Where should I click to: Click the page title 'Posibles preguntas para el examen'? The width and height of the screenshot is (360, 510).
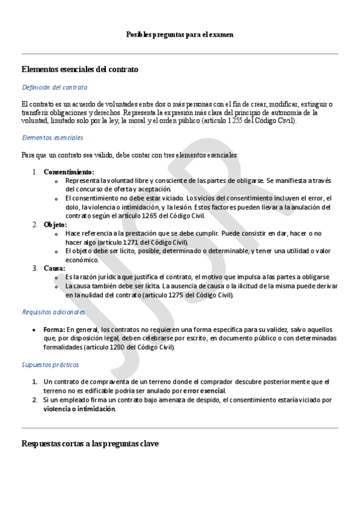(x=180, y=35)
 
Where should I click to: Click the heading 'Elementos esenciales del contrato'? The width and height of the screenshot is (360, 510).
(x=79, y=69)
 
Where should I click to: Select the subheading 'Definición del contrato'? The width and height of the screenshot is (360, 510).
(x=54, y=87)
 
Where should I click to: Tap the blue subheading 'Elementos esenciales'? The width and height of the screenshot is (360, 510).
(x=52, y=138)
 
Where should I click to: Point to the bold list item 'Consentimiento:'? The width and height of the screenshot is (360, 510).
(x=69, y=172)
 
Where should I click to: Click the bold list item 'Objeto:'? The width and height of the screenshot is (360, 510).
(x=55, y=224)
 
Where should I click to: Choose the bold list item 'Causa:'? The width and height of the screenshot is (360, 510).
(x=55, y=268)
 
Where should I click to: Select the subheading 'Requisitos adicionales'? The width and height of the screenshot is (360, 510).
(x=53, y=312)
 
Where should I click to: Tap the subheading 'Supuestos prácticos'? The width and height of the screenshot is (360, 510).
(x=50, y=364)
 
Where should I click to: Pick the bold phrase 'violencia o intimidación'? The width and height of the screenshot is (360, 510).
(x=79, y=409)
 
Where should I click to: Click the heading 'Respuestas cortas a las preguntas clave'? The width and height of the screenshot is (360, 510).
(x=90, y=444)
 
